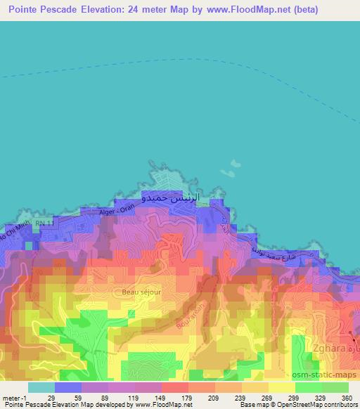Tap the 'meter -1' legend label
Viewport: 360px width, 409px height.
pos(13,397)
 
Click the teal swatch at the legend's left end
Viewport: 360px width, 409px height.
pos(41,387)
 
